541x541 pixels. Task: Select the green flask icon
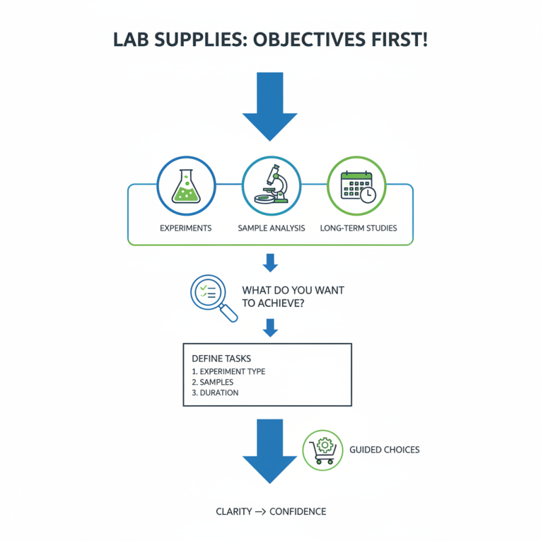(185, 187)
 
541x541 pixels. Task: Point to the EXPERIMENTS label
(185, 228)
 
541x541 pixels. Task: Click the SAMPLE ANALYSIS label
(270, 228)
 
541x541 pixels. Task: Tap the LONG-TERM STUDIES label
(358, 228)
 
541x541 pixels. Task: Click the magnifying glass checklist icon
(211, 296)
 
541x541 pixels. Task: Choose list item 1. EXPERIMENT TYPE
(229, 371)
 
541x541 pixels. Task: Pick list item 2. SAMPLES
(212, 382)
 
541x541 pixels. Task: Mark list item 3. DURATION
(215, 392)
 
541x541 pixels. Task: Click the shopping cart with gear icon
(322, 450)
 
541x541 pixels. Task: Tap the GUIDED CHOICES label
(384, 450)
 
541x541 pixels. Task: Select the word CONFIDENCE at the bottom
(298, 511)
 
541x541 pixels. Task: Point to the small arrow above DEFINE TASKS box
(270, 328)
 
